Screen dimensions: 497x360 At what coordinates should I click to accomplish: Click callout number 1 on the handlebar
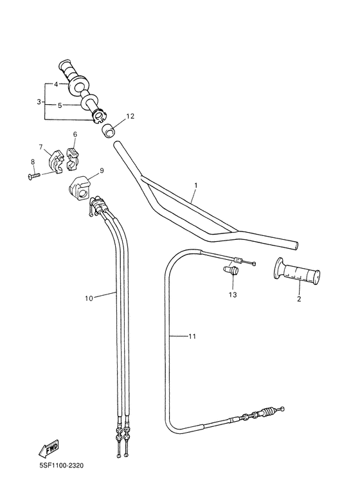195,186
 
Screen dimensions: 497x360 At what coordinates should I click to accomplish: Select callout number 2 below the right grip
299,298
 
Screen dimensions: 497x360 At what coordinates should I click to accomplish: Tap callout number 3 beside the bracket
39,102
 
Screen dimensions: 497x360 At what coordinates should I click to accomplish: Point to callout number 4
57,85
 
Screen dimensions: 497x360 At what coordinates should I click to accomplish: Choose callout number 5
60,105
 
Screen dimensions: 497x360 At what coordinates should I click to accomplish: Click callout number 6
75,135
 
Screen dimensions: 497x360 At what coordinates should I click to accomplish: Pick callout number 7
40,147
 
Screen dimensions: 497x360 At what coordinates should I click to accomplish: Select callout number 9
101,172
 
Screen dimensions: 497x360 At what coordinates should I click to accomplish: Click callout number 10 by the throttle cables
89,298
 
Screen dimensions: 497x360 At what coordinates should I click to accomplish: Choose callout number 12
130,116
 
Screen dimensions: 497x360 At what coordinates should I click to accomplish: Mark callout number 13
232,294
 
